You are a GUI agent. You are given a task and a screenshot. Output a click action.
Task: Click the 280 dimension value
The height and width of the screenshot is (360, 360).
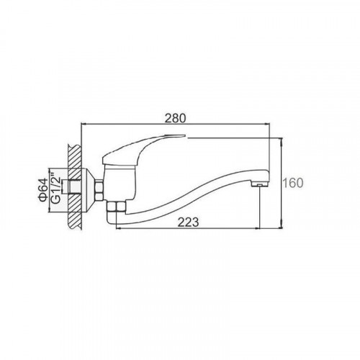pyautogui.click(x=175, y=118)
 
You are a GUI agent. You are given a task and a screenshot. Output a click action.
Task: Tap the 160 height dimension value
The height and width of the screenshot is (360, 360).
pyautogui.click(x=293, y=183)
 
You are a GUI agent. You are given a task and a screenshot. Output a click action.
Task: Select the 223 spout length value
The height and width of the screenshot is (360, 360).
pyautogui.click(x=188, y=222)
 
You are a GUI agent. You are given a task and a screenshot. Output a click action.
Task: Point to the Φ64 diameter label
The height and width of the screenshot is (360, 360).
pyautogui.click(x=42, y=190)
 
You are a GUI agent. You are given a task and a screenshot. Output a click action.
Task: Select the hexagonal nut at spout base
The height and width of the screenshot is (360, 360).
pyautogui.click(x=117, y=207)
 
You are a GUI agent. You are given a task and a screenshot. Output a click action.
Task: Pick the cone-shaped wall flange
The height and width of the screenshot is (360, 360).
pyautogui.click(x=89, y=190)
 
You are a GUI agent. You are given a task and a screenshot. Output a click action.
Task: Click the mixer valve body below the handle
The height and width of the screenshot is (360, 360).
pyautogui.click(x=120, y=183)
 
